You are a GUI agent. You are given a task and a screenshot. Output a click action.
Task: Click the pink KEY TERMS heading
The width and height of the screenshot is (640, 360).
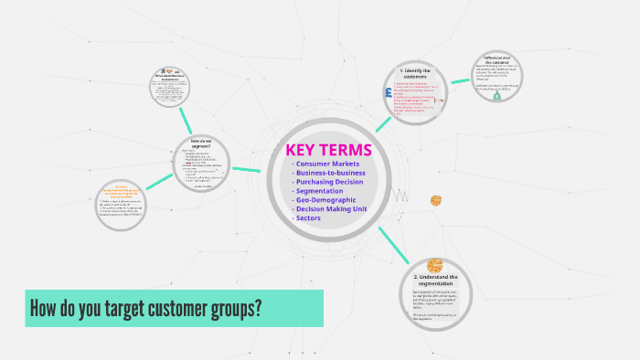click(329, 150)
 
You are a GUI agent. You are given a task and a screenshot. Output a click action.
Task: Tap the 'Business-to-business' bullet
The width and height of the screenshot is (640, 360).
click(331, 173)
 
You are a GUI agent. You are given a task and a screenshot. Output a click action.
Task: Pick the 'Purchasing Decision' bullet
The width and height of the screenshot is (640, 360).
click(330, 182)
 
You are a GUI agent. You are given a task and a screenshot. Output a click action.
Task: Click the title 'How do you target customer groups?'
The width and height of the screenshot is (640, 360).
click(146, 308)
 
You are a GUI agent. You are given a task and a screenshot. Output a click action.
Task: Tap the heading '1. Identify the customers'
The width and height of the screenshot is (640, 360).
click(415, 72)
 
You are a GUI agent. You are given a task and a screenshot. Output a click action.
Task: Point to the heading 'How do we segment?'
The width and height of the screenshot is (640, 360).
click(201, 143)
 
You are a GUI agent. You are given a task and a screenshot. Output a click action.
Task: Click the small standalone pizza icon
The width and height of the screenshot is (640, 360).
click(436, 200)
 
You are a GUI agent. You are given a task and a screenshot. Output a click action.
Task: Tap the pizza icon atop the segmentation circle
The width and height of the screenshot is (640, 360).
click(434, 264)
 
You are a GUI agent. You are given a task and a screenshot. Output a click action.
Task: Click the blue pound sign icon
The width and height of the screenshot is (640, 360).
click(389, 93)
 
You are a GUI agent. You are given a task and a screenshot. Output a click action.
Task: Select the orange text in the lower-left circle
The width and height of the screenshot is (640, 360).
click(123, 193)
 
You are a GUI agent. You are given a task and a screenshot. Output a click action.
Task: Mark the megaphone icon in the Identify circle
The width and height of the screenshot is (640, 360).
click(439, 101)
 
